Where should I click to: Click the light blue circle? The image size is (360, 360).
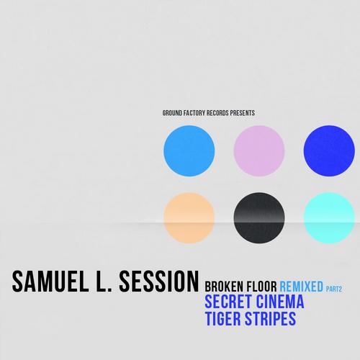click(189, 150)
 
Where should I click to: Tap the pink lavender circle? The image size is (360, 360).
click(259, 150)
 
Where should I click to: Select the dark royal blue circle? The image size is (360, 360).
click(329, 150)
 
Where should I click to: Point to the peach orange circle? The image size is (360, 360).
click(189, 218)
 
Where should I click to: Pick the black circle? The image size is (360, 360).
click(259, 218)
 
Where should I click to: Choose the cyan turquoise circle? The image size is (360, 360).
click(329, 218)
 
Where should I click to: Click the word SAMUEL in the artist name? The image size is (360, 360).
click(50, 282)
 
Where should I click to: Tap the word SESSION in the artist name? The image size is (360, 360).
click(159, 282)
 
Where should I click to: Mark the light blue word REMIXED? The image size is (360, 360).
click(302, 287)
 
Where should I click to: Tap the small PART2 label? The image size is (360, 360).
click(334, 289)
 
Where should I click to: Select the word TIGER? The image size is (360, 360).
click(222, 319)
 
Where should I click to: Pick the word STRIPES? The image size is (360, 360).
click(270, 319)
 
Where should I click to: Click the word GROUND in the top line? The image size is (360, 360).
click(172, 113)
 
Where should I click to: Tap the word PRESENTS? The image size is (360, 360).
click(243, 113)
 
